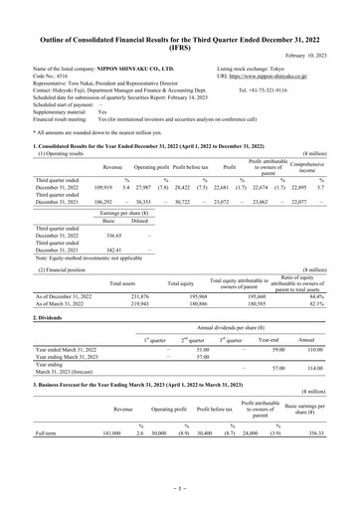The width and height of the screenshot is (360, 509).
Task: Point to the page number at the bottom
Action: click(180, 491)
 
